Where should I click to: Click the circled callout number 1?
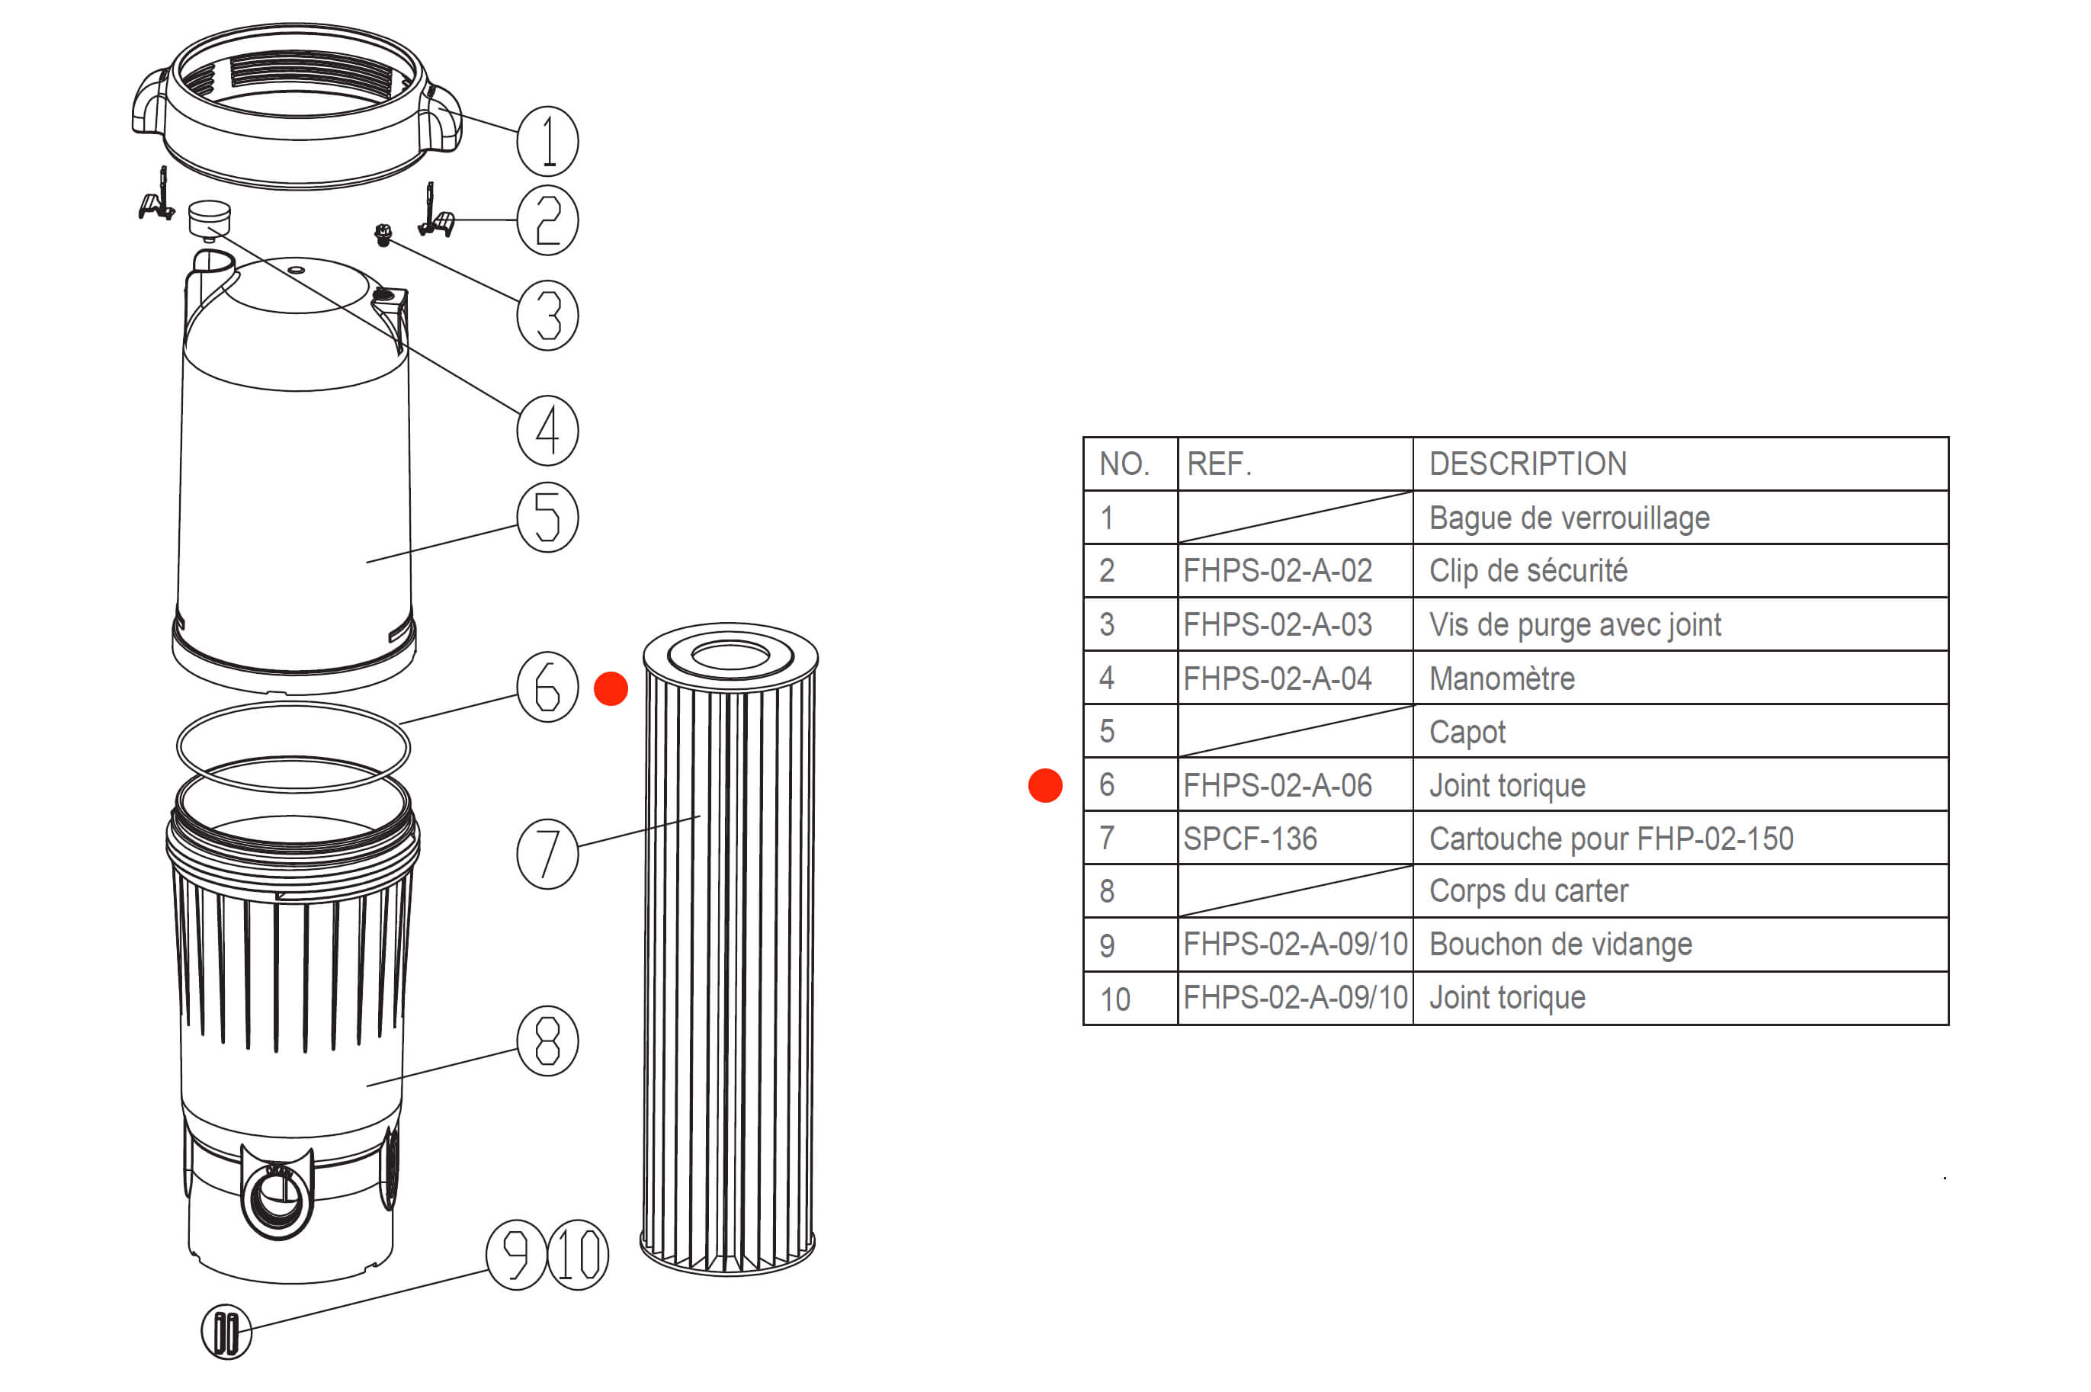[x=547, y=141]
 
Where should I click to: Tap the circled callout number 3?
[x=547, y=315]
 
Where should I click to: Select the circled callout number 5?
[x=547, y=517]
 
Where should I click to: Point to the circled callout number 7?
[x=547, y=853]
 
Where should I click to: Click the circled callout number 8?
[x=547, y=1041]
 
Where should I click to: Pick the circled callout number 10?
[x=578, y=1254]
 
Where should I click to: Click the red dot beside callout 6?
[x=611, y=689]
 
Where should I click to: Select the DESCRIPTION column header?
[x=1528, y=463]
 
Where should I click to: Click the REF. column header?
[x=1219, y=463]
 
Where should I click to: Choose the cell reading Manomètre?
[x=1502, y=678]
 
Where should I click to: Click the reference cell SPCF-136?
[x=1249, y=838]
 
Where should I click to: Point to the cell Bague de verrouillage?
[x=1569, y=518]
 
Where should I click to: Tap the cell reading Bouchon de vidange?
[x=1560, y=944]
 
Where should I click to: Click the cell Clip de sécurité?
[x=1528, y=570]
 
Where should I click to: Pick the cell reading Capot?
[x=1467, y=733]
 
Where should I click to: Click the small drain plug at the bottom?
[x=226, y=1332]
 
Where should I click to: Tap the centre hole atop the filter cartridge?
[x=730, y=656]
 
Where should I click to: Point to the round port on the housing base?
[x=277, y=1198]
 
